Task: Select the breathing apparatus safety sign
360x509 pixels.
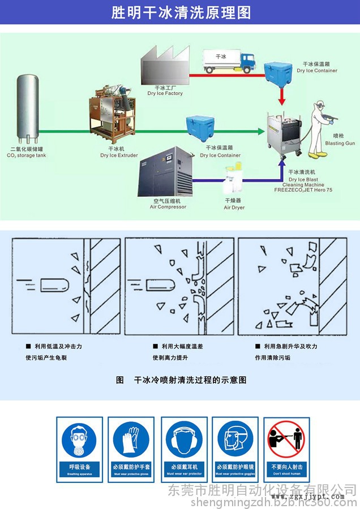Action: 80,449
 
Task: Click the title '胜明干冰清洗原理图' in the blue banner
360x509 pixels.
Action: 180,12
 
